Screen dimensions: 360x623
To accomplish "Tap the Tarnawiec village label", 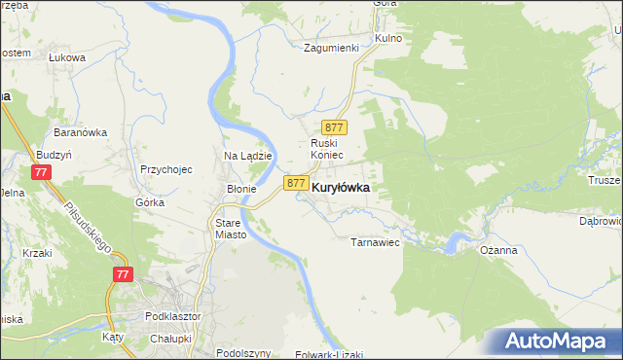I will pos(376,242).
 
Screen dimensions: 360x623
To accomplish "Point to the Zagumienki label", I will pos(332,47).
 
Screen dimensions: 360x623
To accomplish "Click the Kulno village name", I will pos(387,37).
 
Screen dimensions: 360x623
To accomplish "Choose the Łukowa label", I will pos(67,57).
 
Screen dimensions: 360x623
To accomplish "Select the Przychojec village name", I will pos(165,168).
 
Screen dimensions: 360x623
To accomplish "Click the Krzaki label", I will pos(38,252).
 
